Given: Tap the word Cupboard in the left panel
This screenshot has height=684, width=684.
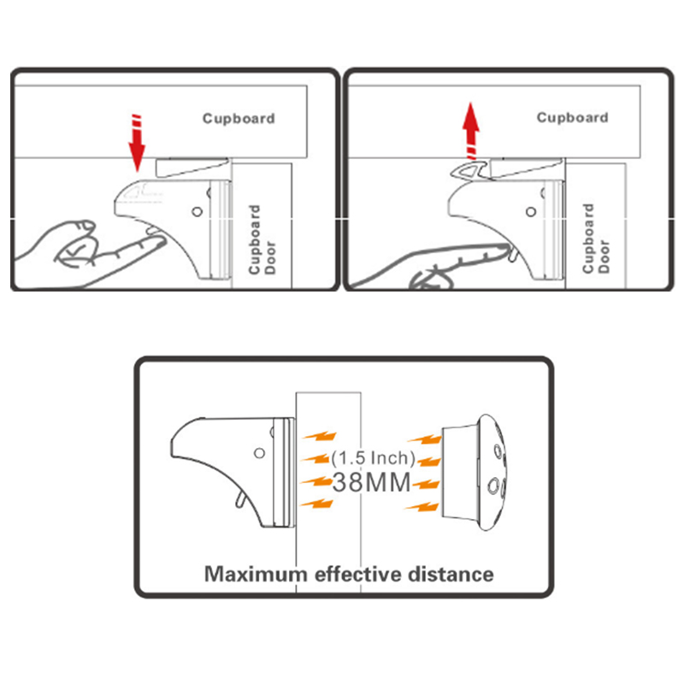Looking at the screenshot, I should [x=239, y=118].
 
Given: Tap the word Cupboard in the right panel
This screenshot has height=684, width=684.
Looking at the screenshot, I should [x=572, y=117].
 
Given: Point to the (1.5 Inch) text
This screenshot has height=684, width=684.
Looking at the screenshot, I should [x=373, y=457].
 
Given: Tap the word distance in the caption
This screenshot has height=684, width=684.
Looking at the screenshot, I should [x=451, y=573].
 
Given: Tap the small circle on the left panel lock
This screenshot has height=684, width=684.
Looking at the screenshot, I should [x=197, y=210].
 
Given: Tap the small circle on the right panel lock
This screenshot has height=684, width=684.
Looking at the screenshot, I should [x=530, y=209].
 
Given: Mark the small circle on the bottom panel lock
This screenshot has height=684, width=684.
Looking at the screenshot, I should [x=258, y=453].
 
